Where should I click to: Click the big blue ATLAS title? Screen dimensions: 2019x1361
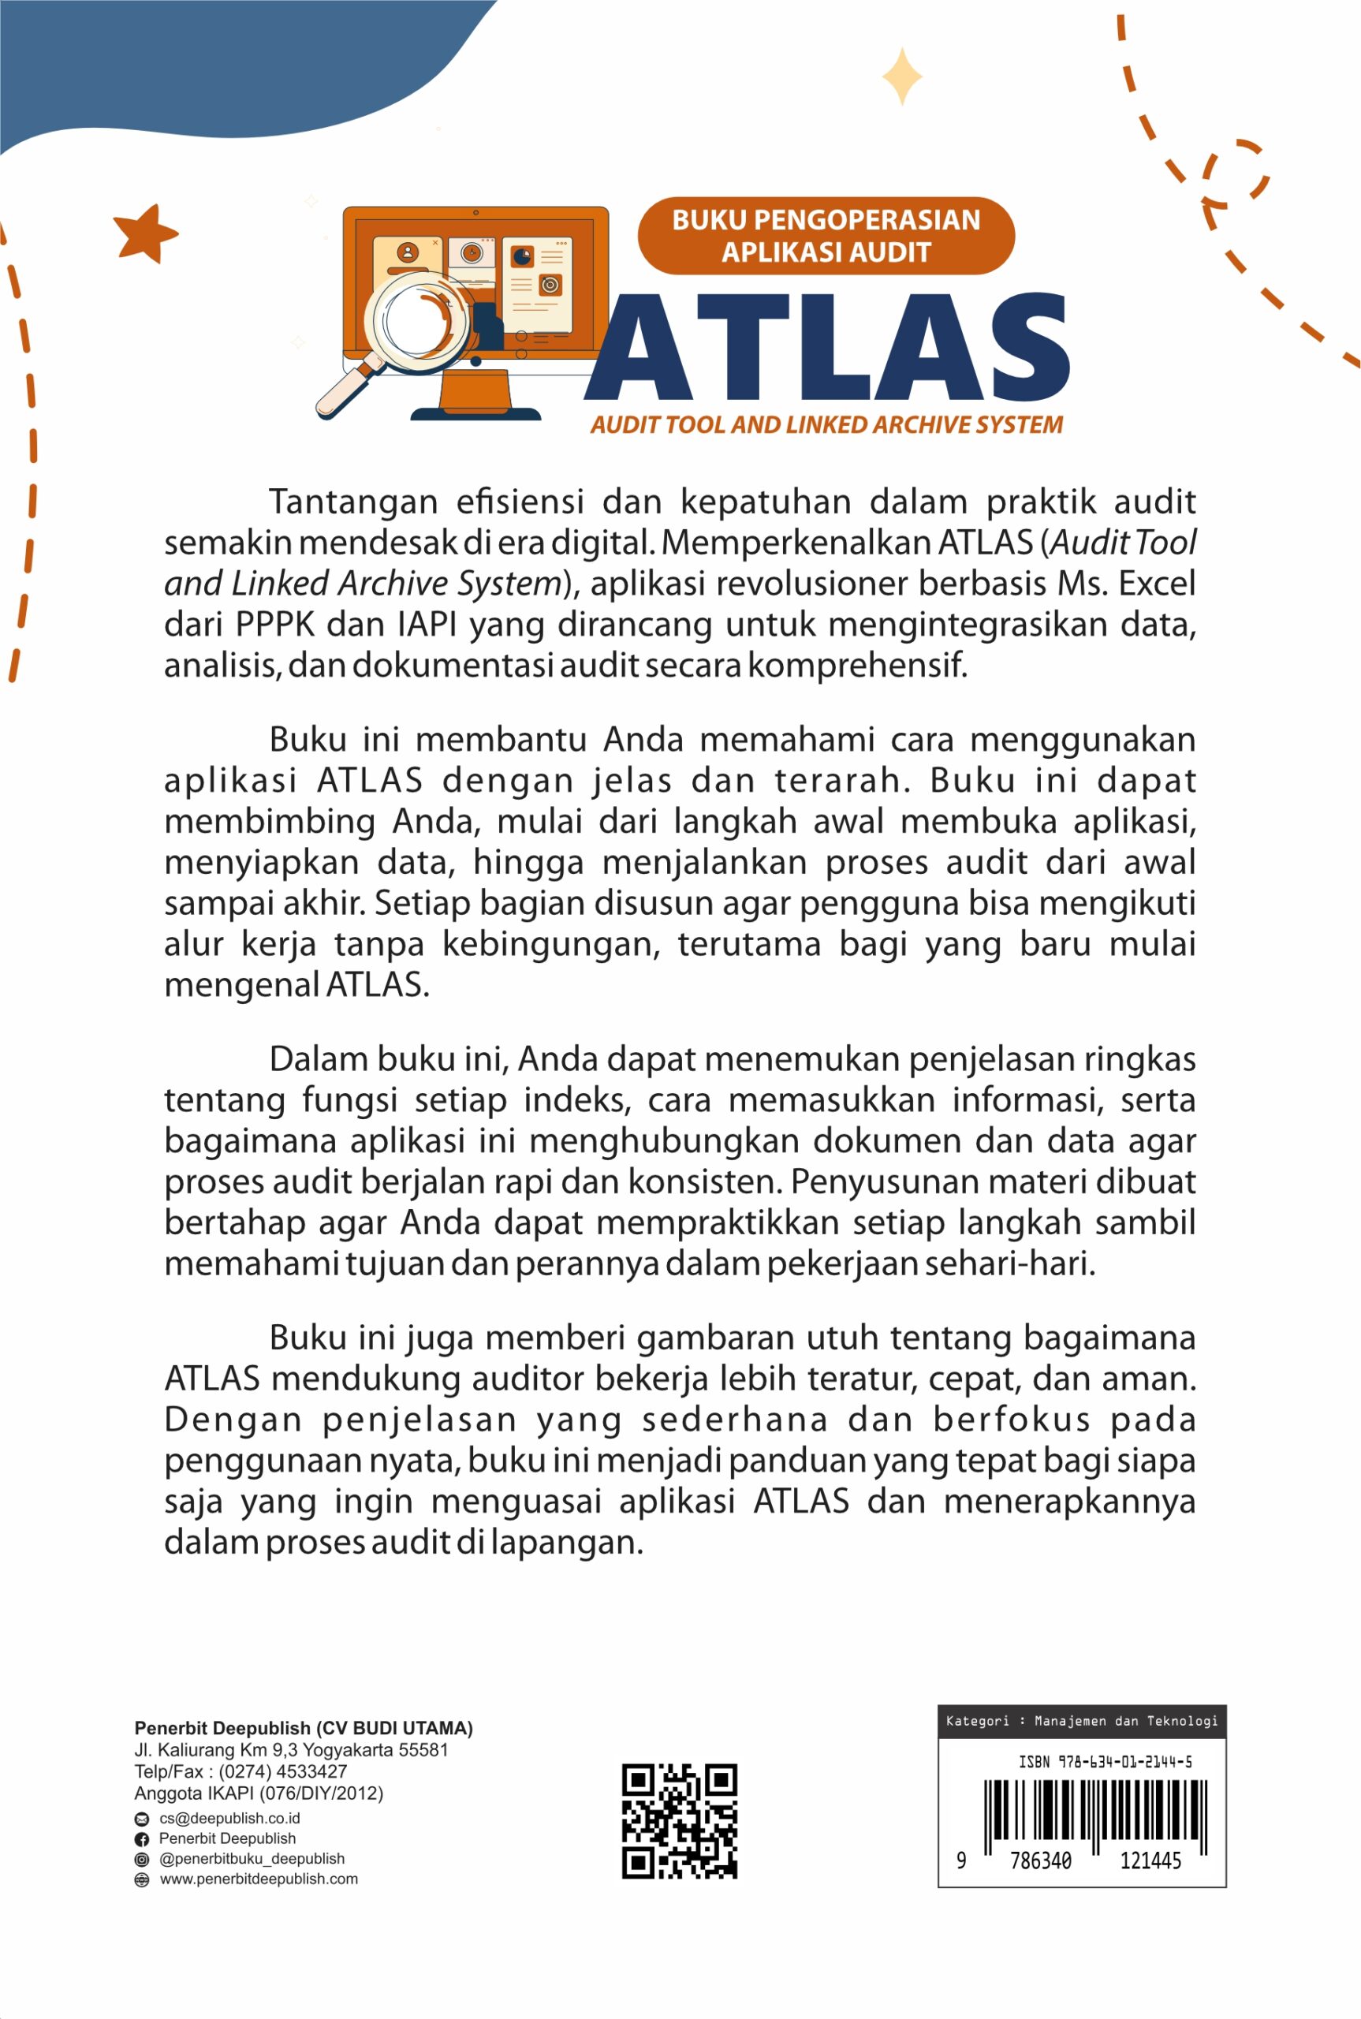827,347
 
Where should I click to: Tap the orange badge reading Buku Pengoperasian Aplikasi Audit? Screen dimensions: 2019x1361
826,236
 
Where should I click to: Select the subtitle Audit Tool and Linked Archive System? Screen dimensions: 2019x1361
826,424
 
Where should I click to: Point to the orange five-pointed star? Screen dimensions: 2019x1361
144,233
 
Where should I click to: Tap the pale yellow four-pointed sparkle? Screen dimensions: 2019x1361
902,77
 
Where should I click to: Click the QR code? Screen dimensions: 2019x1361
679,1820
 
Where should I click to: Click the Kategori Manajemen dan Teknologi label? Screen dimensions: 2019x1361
1082,1720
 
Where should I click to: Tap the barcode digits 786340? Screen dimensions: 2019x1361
1040,1861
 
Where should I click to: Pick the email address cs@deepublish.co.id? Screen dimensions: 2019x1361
229,1818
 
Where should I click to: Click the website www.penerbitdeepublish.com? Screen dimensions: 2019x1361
258,1879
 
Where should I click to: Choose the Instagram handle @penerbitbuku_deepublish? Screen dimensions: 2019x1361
251,1858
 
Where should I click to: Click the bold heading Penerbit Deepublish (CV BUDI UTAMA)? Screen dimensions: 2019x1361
303,1728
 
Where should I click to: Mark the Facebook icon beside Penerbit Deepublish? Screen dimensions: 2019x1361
141,1839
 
